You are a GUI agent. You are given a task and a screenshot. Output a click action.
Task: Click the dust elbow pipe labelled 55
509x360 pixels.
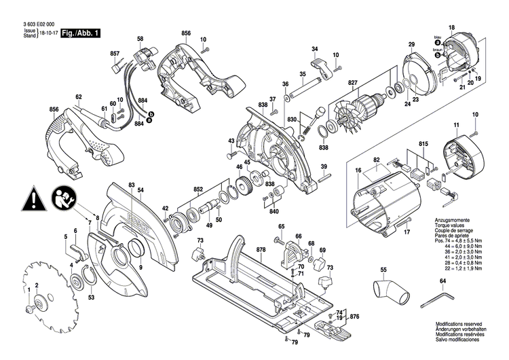[393, 291]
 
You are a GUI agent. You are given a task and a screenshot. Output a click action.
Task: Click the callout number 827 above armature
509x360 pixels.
[352, 84]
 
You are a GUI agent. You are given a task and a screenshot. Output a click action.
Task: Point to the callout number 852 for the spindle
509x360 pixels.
[198, 188]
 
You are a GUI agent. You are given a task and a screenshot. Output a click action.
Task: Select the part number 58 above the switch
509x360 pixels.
[140, 39]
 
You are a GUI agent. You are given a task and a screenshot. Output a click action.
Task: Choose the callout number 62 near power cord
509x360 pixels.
[79, 96]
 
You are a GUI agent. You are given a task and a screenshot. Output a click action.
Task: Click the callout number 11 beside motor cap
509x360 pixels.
[456, 124]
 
